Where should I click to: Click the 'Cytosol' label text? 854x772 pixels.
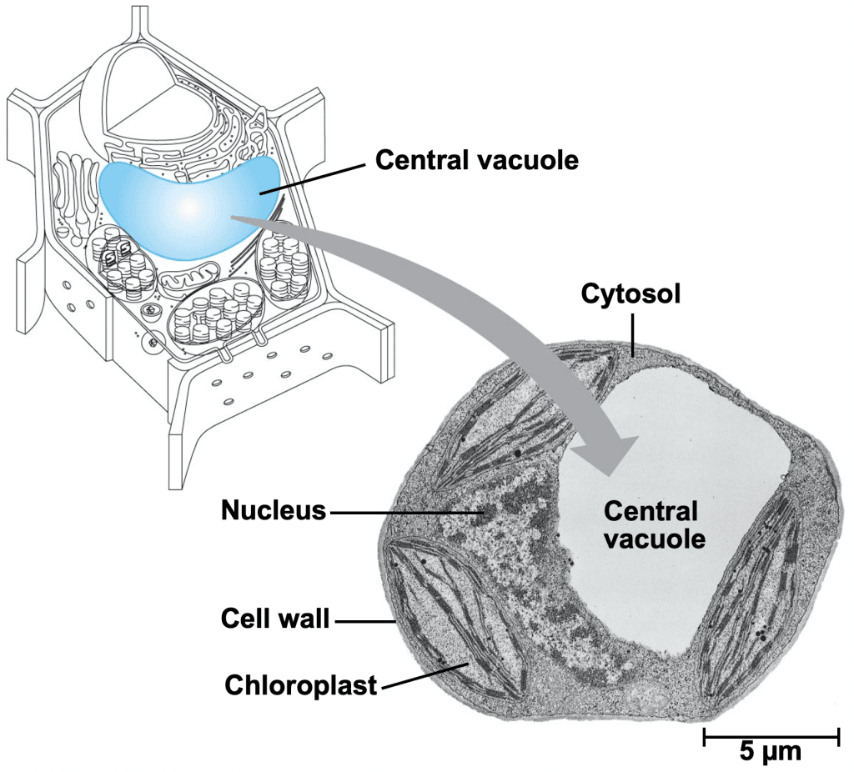[x=630, y=293]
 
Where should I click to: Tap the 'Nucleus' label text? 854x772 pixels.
[x=273, y=510]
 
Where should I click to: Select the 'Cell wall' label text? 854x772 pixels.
[x=275, y=619]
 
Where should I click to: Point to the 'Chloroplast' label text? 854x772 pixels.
[x=300, y=685]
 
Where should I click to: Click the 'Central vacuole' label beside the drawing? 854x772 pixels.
[x=476, y=159]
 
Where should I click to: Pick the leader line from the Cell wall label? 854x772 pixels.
[x=363, y=620]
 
